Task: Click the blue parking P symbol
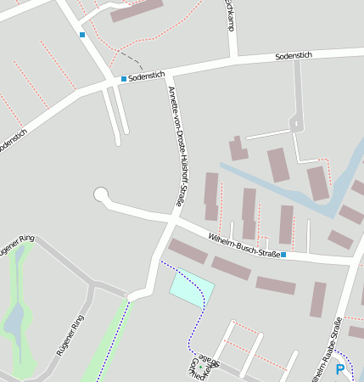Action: pyautogui.click(x=340, y=369)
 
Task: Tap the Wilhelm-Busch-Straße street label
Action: pyautogui.click(x=244, y=243)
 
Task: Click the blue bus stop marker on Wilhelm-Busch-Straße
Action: pyautogui.click(x=283, y=255)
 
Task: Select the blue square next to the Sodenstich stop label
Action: pyautogui.click(x=124, y=79)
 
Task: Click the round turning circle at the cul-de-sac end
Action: pyautogui.click(x=101, y=195)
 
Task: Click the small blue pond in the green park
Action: pyautogui.click(x=14, y=321)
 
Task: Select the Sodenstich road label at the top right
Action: pyautogui.click(x=294, y=56)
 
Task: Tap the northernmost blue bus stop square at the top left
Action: pyautogui.click(x=82, y=35)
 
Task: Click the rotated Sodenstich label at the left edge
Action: pyautogui.click(x=12, y=140)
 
